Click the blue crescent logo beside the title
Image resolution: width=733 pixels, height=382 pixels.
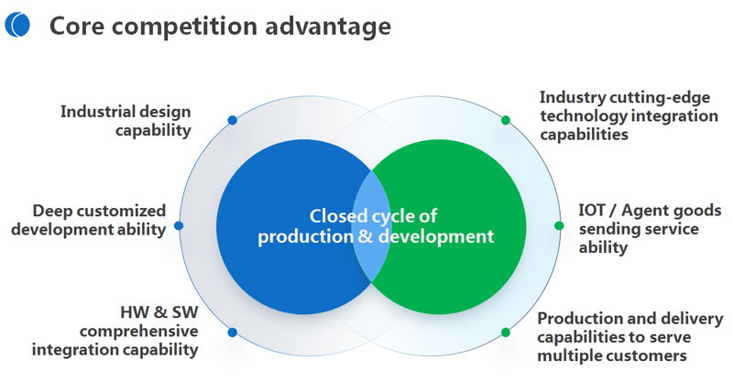(x=17, y=25)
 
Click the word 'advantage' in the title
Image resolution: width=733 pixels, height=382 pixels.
(x=328, y=27)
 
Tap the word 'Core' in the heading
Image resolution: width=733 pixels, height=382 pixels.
(x=77, y=26)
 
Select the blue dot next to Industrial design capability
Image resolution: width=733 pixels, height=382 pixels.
(x=233, y=120)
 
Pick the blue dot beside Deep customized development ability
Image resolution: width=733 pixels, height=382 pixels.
(x=179, y=226)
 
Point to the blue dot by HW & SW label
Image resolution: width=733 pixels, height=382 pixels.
(x=233, y=333)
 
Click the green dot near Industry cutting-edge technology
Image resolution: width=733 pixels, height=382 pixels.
(x=506, y=120)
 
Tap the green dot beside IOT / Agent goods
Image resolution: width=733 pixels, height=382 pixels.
(x=559, y=226)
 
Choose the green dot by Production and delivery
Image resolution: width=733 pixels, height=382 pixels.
(x=506, y=333)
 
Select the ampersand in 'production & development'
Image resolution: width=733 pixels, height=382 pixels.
(x=366, y=236)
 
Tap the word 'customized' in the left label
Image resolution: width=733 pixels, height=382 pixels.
(x=121, y=211)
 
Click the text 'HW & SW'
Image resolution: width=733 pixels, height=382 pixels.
(x=159, y=311)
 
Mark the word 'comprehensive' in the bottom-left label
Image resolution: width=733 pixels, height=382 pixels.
(x=139, y=332)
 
